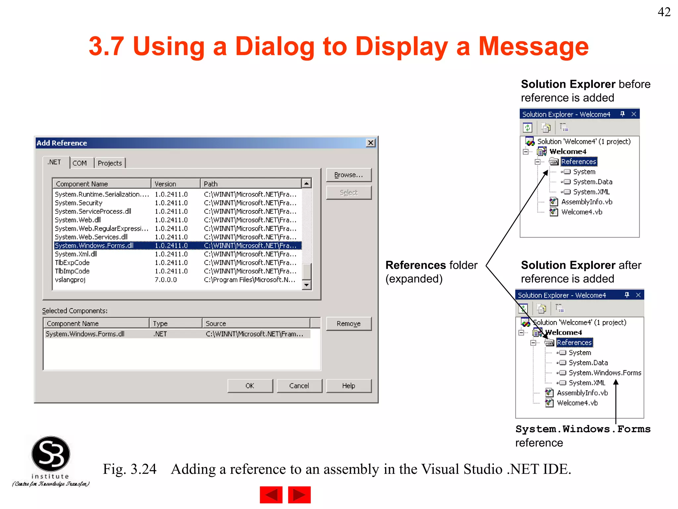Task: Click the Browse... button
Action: point(349,175)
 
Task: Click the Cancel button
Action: point(299,386)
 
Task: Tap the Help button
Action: point(349,386)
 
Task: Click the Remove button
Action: point(349,323)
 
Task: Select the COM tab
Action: point(80,163)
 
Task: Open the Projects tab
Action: point(110,163)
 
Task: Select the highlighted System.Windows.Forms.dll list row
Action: point(177,246)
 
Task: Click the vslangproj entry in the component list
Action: point(70,280)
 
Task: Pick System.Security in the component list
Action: point(78,203)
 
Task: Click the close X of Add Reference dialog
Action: point(371,143)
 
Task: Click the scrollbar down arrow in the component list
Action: point(307,285)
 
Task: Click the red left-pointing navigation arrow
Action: point(271,495)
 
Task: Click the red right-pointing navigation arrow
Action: point(299,495)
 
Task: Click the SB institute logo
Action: point(51,461)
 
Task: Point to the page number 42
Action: point(664,12)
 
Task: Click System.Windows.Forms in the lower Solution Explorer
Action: point(605,373)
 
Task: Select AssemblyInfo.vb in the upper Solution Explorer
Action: point(587,202)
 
